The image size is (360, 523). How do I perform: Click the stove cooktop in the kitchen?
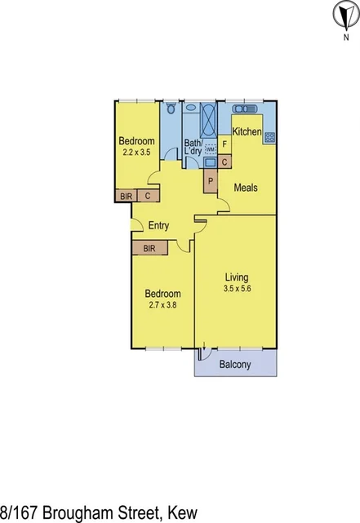269,136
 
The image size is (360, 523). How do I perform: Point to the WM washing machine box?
210,150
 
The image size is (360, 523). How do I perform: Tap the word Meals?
246,188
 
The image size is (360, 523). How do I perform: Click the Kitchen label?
247,131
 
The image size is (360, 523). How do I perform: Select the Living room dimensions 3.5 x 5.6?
238,288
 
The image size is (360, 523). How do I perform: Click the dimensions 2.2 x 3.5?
136,152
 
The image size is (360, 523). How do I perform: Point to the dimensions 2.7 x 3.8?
162,304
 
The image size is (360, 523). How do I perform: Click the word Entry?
158,226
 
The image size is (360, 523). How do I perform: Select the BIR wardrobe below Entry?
150,247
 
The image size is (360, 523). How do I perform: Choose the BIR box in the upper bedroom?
126,196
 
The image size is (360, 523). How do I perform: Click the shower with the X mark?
207,120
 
